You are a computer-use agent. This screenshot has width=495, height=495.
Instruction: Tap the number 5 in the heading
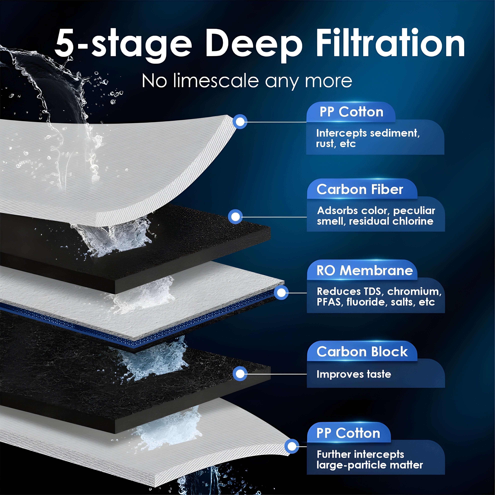(64, 42)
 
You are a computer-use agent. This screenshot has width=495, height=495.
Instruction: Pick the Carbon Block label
(362, 351)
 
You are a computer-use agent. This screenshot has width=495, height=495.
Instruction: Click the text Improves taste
(354, 374)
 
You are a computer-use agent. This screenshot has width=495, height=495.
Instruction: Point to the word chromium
(414, 292)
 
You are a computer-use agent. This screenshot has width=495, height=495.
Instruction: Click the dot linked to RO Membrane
(281, 293)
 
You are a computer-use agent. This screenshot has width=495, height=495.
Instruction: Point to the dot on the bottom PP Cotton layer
(292, 446)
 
